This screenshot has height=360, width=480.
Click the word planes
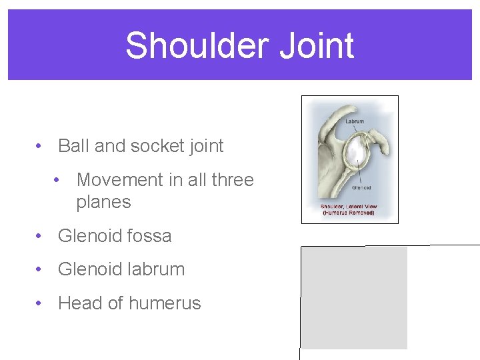click(103, 202)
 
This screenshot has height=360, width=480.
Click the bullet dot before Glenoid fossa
click(41, 236)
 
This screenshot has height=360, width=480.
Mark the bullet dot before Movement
click(60, 180)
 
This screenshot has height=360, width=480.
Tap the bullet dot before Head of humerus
click(41, 303)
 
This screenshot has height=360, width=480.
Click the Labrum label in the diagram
click(355, 121)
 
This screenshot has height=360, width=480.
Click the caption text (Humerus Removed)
click(349, 213)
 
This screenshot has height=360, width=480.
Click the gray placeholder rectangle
click(354, 297)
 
